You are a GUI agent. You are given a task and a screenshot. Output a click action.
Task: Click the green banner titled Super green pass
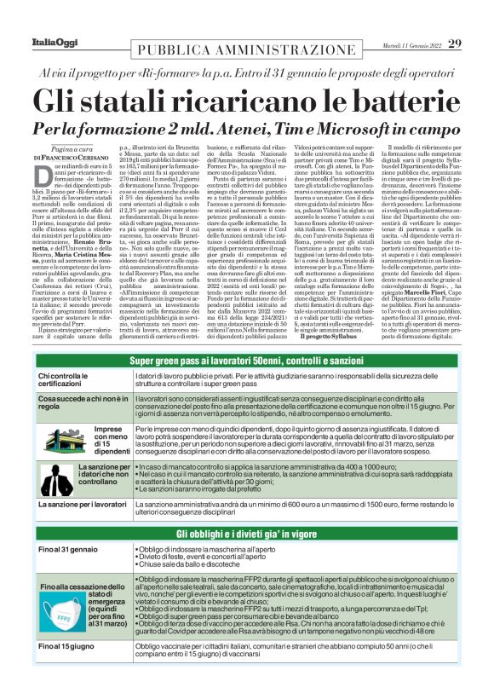click(x=247, y=361)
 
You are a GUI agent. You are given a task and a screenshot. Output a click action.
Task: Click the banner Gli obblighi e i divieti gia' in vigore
click(x=247, y=533)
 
